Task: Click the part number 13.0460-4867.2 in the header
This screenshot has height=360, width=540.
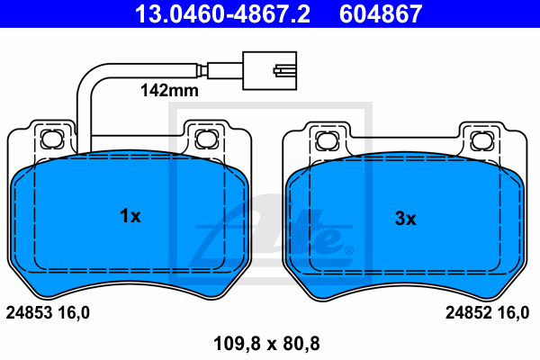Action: coord(222,13)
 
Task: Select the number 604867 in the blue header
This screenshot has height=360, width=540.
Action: coord(381,13)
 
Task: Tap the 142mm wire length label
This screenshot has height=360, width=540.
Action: coord(169,90)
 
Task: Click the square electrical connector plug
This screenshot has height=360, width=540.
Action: coord(270,71)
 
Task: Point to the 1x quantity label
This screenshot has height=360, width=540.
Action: coord(130,216)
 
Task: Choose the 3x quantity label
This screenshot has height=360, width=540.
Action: coord(405,219)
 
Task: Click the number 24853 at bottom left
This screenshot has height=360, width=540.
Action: coord(30,313)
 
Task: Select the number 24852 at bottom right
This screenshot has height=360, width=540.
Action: coord(469,313)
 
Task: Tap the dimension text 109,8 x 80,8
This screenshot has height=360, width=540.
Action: coord(266,344)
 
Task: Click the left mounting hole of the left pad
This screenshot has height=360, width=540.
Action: coord(52,139)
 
